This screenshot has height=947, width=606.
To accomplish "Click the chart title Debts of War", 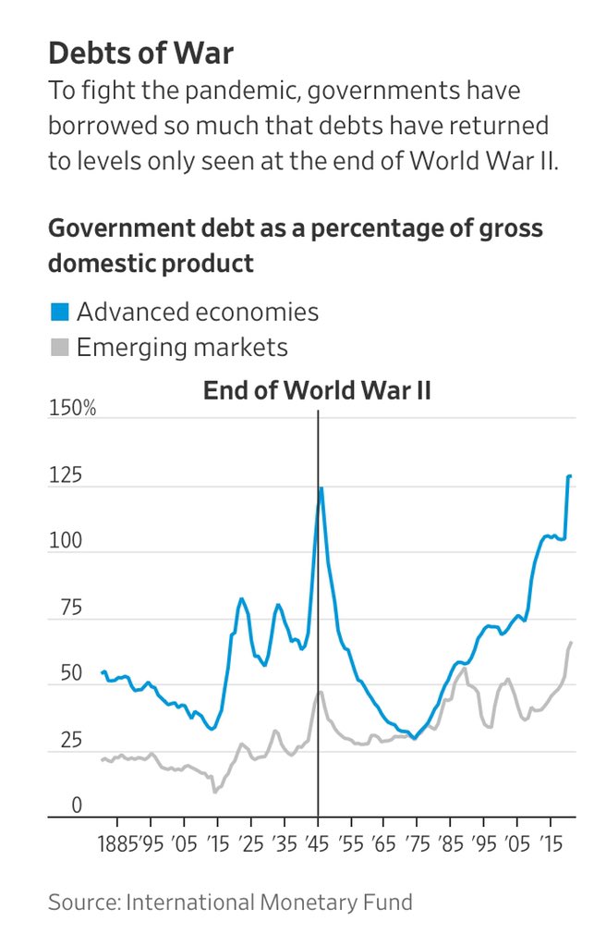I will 140,54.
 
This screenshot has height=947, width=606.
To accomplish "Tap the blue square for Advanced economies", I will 59,313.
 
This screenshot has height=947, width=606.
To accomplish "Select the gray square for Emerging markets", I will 59,349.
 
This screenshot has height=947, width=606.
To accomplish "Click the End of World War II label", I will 317,390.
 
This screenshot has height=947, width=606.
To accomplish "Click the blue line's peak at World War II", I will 321,488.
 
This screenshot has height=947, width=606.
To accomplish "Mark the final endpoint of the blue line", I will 571,476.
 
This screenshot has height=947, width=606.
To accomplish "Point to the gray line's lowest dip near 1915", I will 215,791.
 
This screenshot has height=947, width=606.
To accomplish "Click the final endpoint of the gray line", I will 572,643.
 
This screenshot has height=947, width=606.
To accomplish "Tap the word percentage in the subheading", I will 381,228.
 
